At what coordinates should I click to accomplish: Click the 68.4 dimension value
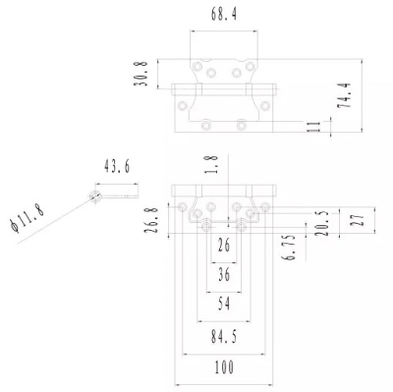(x=224, y=15)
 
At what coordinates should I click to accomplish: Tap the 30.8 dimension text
(x=140, y=74)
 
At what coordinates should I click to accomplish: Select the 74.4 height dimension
(x=344, y=95)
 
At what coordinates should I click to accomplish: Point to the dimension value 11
(x=313, y=127)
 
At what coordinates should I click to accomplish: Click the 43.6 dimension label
(x=117, y=166)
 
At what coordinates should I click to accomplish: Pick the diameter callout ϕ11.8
(x=28, y=217)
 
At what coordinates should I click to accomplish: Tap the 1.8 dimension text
(x=212, y=164)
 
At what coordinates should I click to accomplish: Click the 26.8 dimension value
(x=151, y=220)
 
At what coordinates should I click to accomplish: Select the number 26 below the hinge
(x=224, y=245)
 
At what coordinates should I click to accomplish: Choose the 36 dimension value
(x=224, y=274)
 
